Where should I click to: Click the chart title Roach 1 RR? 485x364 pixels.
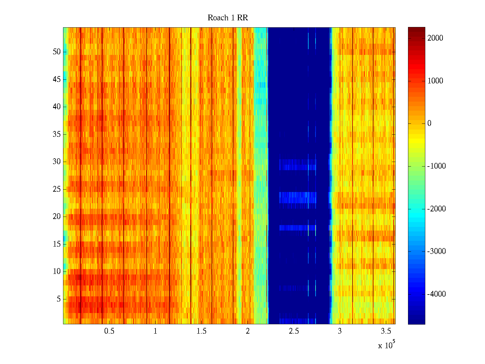(228, 18)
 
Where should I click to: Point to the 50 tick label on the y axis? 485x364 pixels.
(57, 52)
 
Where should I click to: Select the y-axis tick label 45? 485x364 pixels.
(57, 79)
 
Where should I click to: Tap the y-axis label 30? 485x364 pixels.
(57, 162)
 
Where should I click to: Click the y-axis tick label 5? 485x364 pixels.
(59, 299)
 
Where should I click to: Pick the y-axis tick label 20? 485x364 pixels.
(57, 217)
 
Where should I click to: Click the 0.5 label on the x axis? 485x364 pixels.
(109, 331)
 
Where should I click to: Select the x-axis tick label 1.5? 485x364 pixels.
(201, 331)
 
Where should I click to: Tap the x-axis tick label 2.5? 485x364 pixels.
(294, 331)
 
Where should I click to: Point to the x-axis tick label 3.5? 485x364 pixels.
(386, 331)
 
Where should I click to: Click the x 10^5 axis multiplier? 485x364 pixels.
(386, 345)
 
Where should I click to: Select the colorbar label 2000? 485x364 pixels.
(435, 38)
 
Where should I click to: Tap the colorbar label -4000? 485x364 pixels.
(436, 294)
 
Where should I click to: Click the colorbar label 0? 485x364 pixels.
(429, 123)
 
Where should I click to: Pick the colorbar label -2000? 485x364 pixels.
(436, 209)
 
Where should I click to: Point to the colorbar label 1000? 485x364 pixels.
(435, 81)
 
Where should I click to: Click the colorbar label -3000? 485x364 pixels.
(436, 251)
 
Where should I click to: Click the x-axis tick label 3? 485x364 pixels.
(339, 331)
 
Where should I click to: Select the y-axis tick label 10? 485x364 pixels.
(57, 271)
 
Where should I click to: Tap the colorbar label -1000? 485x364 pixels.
(436, 166)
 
